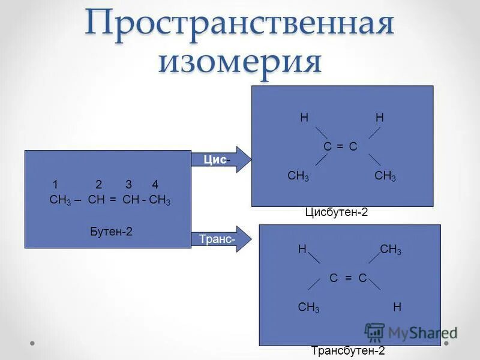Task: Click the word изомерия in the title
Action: pyautogui.click(x=239, y=62)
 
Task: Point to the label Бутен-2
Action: pyautogui.click(x=109, y=230)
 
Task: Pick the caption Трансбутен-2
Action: pyautogui.click(x=348, y=351)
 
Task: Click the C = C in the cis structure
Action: pyautogui.click(x=341, y=146)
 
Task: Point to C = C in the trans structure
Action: pyautogui.click(x=348, y=277)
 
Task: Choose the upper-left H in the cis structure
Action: pyautogui.click(x=304, y=118)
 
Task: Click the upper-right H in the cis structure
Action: pyautogui.click(x=379, y=118)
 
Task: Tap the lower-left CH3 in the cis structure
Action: pyautogui.click(x=298, y=176)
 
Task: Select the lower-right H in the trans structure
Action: pyautogui.click(x=397, y=307)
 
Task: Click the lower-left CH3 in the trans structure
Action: pyautogui.click(x=308, y=308)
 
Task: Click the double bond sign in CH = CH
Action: pyautogui.click(x=113, y=200)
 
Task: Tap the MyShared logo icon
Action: pyautogui.click(x=374, y=332)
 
